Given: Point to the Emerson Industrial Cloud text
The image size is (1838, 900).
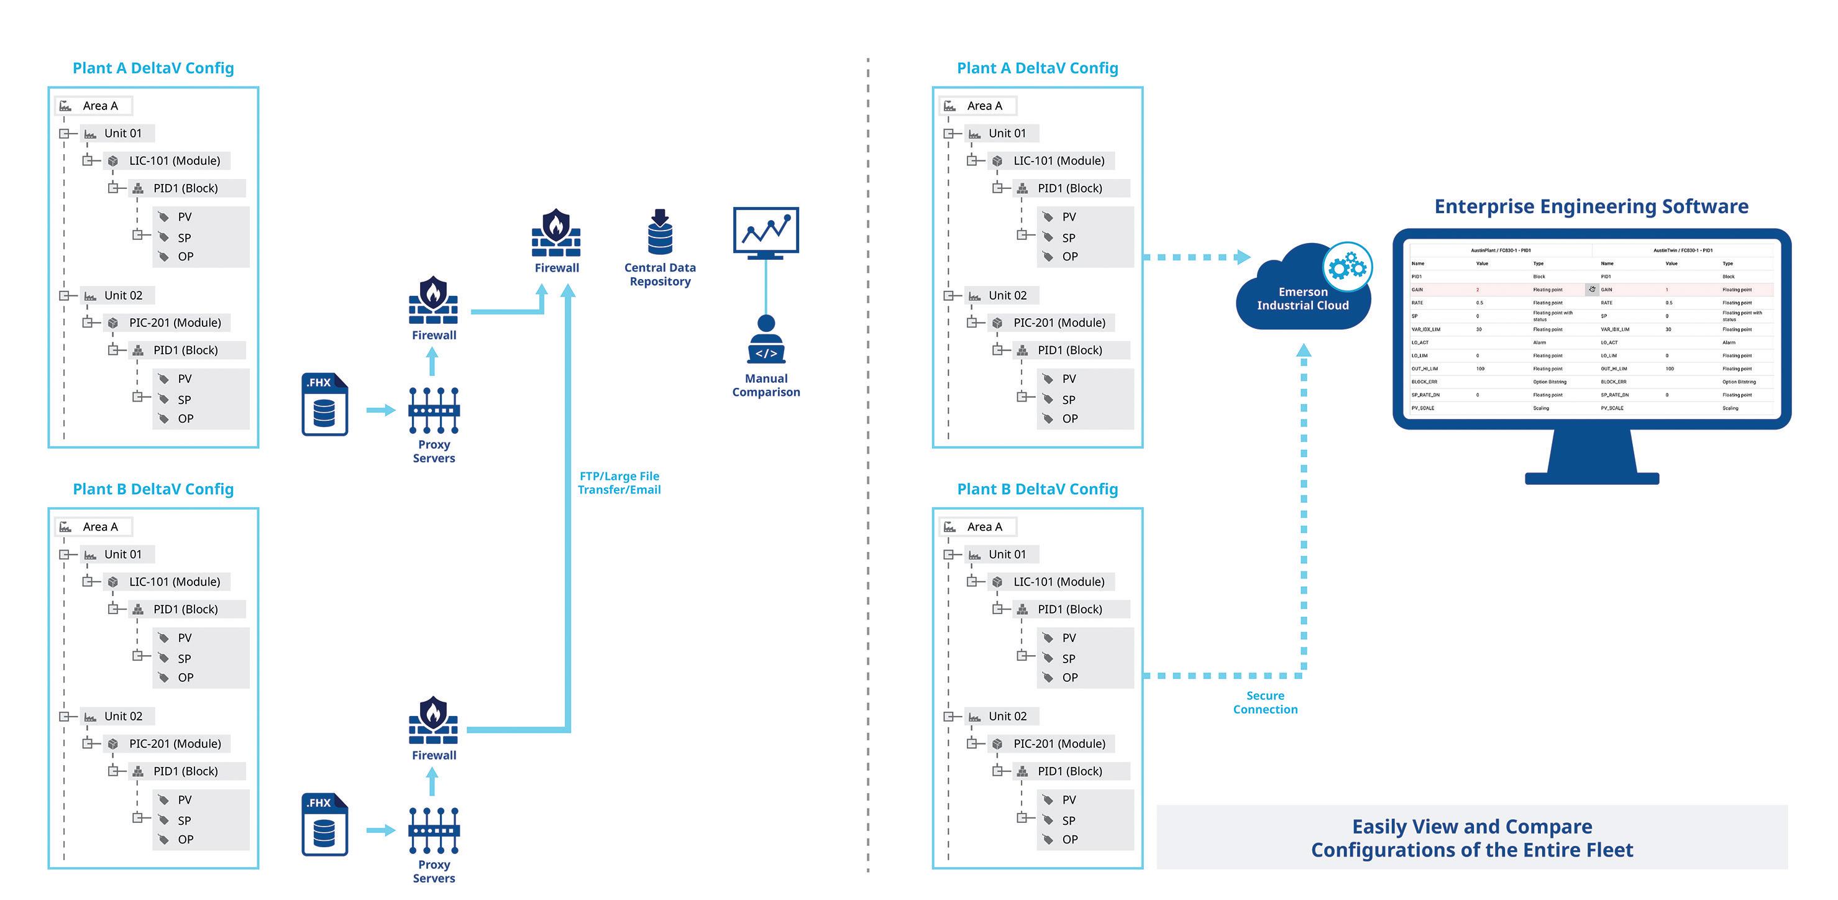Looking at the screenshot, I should tap(1303, 298).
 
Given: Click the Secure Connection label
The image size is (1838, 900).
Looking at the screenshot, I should tap(1265, 702).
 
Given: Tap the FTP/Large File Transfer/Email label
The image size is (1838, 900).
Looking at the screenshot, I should tap(620, 482).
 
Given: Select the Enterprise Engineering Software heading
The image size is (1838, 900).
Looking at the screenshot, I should tap(1591, 206).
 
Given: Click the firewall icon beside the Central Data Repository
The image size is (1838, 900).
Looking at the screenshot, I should tap(556, 232).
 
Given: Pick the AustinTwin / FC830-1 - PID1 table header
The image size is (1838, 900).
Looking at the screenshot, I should tap(1683, 250).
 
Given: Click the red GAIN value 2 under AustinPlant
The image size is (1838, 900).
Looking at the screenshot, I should tap(1478, 290).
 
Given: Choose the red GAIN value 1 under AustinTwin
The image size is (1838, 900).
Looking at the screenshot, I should tap(1667, 290).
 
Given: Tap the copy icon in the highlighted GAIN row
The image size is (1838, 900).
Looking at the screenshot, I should tap(1592, 290).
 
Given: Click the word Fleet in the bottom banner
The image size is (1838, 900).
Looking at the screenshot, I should tap(1606, 850).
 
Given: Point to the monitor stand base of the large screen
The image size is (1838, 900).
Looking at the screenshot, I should tap(1592, 477).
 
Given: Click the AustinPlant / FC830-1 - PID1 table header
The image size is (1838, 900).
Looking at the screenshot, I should tap(1501, 250).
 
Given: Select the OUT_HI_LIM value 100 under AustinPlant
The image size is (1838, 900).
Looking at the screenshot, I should tap(1481, 369).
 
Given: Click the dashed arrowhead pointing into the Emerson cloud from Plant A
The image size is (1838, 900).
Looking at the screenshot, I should tap(1243, 257).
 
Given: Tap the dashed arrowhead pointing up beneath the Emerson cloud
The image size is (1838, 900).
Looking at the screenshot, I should tap(1304, 351).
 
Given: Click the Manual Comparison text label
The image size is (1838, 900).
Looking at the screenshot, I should tap(766, 385).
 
